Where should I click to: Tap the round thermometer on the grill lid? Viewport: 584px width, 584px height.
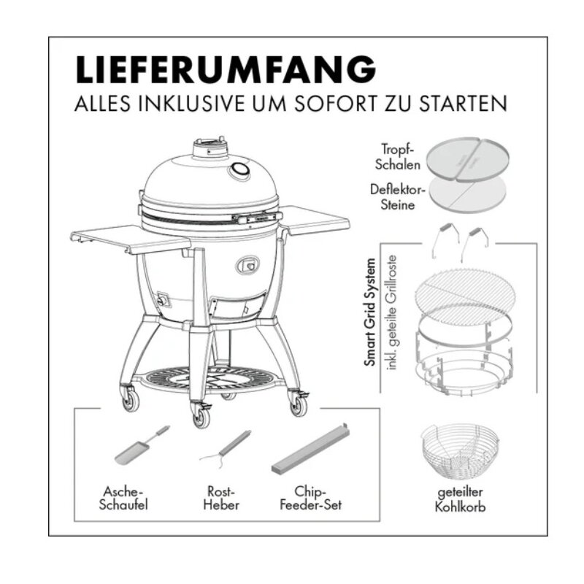pyautogui.click(x=239, y=172)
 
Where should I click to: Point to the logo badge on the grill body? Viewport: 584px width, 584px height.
pyautogui.click(x=248, y=264)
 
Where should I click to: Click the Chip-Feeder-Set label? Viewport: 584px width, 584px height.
pyautogui.click(x=311, y=498)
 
